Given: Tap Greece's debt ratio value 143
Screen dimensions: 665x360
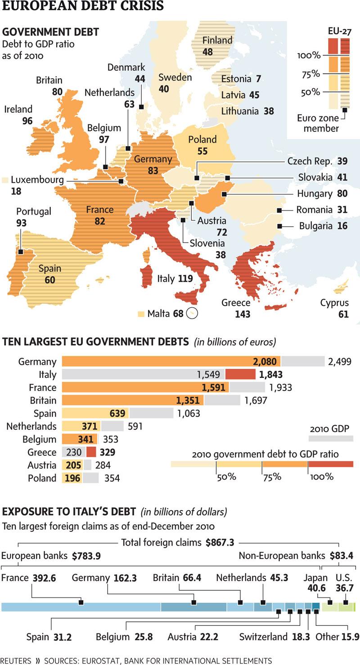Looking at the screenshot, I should [x=243, y=314].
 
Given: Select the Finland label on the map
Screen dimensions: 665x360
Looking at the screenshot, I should [x=217, y=40].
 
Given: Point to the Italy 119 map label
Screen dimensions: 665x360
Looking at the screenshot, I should [x=175, y=279].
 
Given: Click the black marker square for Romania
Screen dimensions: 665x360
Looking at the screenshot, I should [x=279, y=210].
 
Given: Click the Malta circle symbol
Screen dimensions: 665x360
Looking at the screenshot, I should [x=193, y=313].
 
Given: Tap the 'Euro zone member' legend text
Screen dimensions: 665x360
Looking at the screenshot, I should [x=318, y=124].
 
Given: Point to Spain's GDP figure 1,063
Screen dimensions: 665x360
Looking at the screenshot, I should [x=189, y=413].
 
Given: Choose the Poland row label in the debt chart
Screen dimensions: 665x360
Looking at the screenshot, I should [x=42, y=478].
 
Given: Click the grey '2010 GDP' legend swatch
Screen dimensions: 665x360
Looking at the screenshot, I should [x=331, y=438].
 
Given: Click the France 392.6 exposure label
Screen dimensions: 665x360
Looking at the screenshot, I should [x=29, y=578].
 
